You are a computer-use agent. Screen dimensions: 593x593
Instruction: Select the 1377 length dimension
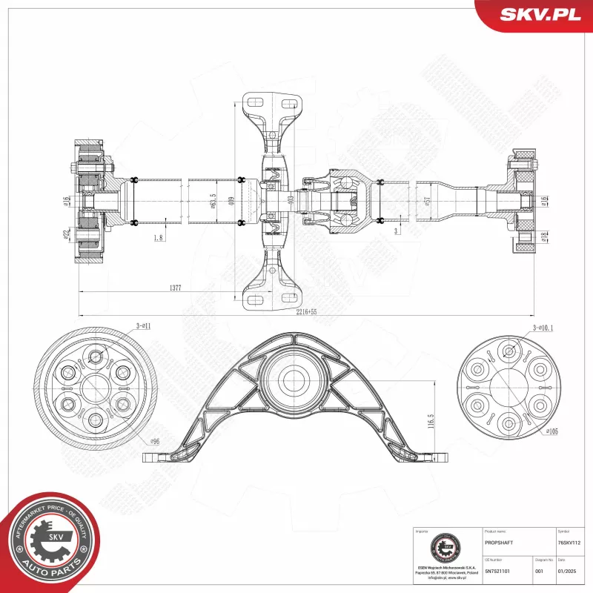pyautogui.click(x=175, y=288)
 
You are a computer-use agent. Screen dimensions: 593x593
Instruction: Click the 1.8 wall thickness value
pyautogui.click(x=158, y=237)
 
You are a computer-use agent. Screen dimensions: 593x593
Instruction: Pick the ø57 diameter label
pyautogui.click(x=427, y=201)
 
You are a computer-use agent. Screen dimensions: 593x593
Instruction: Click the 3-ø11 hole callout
pyautogui.click(x=143, y=325)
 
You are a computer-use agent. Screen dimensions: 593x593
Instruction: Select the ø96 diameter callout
pyautogui.click(x=156, y=442)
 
